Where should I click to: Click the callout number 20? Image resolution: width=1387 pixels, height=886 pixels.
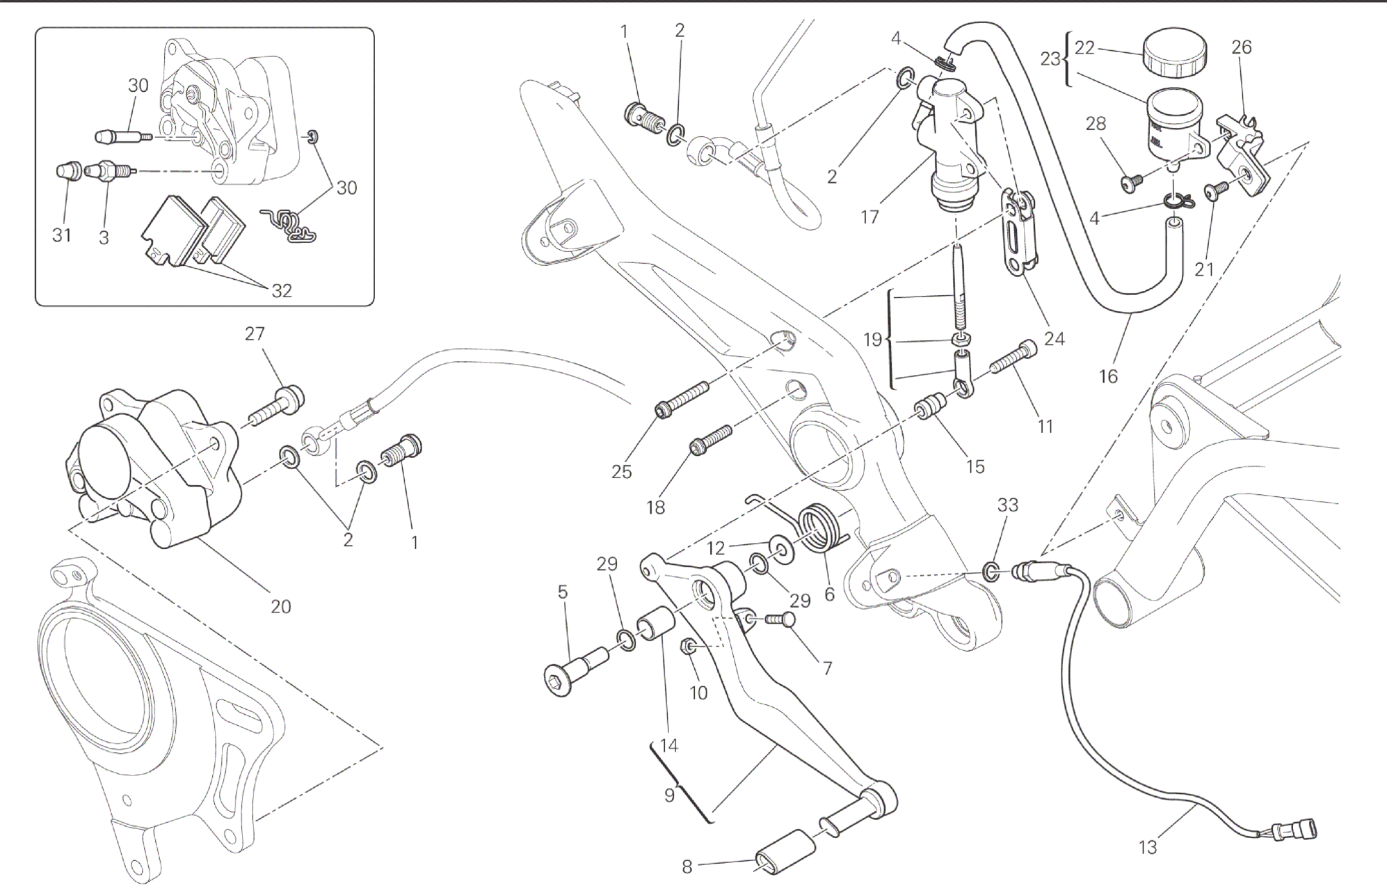[280, 606]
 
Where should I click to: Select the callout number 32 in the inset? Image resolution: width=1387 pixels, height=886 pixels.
[281, 290]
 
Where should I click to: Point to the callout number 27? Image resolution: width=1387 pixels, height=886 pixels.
[255, 334]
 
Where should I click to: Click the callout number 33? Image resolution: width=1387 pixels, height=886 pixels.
[1007, 505]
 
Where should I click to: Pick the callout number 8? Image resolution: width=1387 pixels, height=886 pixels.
[687, 867]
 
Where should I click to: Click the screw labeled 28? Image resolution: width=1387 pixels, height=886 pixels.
[1132, 181]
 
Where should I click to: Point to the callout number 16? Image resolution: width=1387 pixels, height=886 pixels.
[1108, 376]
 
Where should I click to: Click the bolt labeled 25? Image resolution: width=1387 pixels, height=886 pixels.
[682, 398]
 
